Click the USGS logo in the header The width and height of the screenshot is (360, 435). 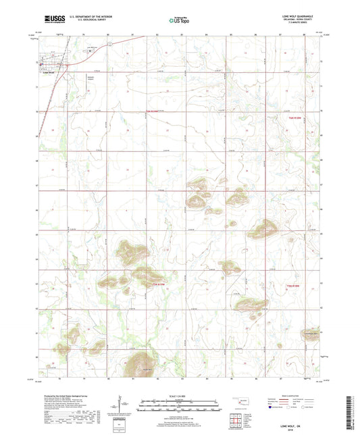click(53, 20)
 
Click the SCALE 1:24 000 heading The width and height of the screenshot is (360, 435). click(180, 395)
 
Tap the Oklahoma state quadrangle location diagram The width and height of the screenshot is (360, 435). click(239, 403)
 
